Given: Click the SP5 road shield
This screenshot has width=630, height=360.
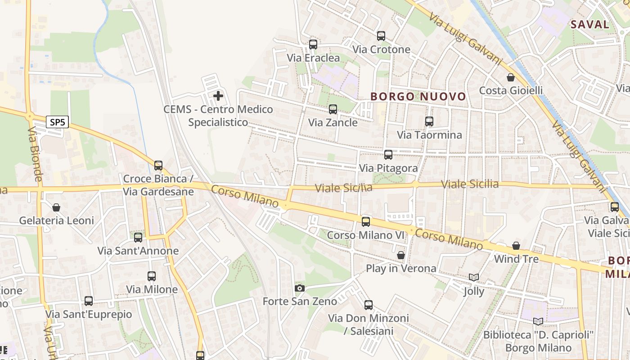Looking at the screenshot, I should pyautogui.click(x=57, y=122).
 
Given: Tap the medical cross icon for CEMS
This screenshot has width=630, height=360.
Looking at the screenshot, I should pyautogui.click(x=218, y=96).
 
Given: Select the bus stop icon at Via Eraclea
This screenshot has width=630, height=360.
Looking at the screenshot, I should pyautogui.click(x=313, y=45).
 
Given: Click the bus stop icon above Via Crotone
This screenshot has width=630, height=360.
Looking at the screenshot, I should pyautogui.click(x=381, y=36).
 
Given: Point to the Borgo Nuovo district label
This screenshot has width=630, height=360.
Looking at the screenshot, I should pyautogui.click(x=418, y=96).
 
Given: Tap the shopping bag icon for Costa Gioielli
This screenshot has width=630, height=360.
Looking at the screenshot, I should pyautogui.click(x=511, y=77).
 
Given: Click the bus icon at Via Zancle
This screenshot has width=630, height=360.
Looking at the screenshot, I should pyautogui.click(x=333, y=109).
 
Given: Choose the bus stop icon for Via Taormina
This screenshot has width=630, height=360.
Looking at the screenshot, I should pyautogui.click(x=429, y=121).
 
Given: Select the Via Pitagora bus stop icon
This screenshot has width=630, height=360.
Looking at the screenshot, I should pyautogui.click(x=388, y=155).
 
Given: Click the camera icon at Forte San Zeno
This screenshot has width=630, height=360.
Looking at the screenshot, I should pyautogui.click(x=300, y=288).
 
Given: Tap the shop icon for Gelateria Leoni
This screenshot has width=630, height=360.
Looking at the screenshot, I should pyautogui.click(x=56, y=207).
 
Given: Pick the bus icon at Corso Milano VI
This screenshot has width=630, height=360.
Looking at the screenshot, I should pyautogui.click(x=366, y=222).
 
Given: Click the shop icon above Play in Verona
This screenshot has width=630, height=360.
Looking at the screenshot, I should pyautogui.click(x=401, y=256).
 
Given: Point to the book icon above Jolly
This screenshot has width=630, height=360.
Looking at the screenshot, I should pyautogui.click(x=473, y=278).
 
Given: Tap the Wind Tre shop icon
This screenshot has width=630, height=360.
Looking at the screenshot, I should pyautogui.click(x=516, y=246).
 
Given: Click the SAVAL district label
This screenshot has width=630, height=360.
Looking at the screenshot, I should pyautogui.click(x=589, y=24).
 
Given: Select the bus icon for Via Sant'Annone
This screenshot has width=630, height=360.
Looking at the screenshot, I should pyautogui.click(x=138, y=238).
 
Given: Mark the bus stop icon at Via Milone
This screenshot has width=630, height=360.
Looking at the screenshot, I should pyautogui.click(x=152, y=276).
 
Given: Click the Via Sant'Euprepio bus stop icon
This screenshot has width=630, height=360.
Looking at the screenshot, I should pyautogui.click(x=89, y=301).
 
